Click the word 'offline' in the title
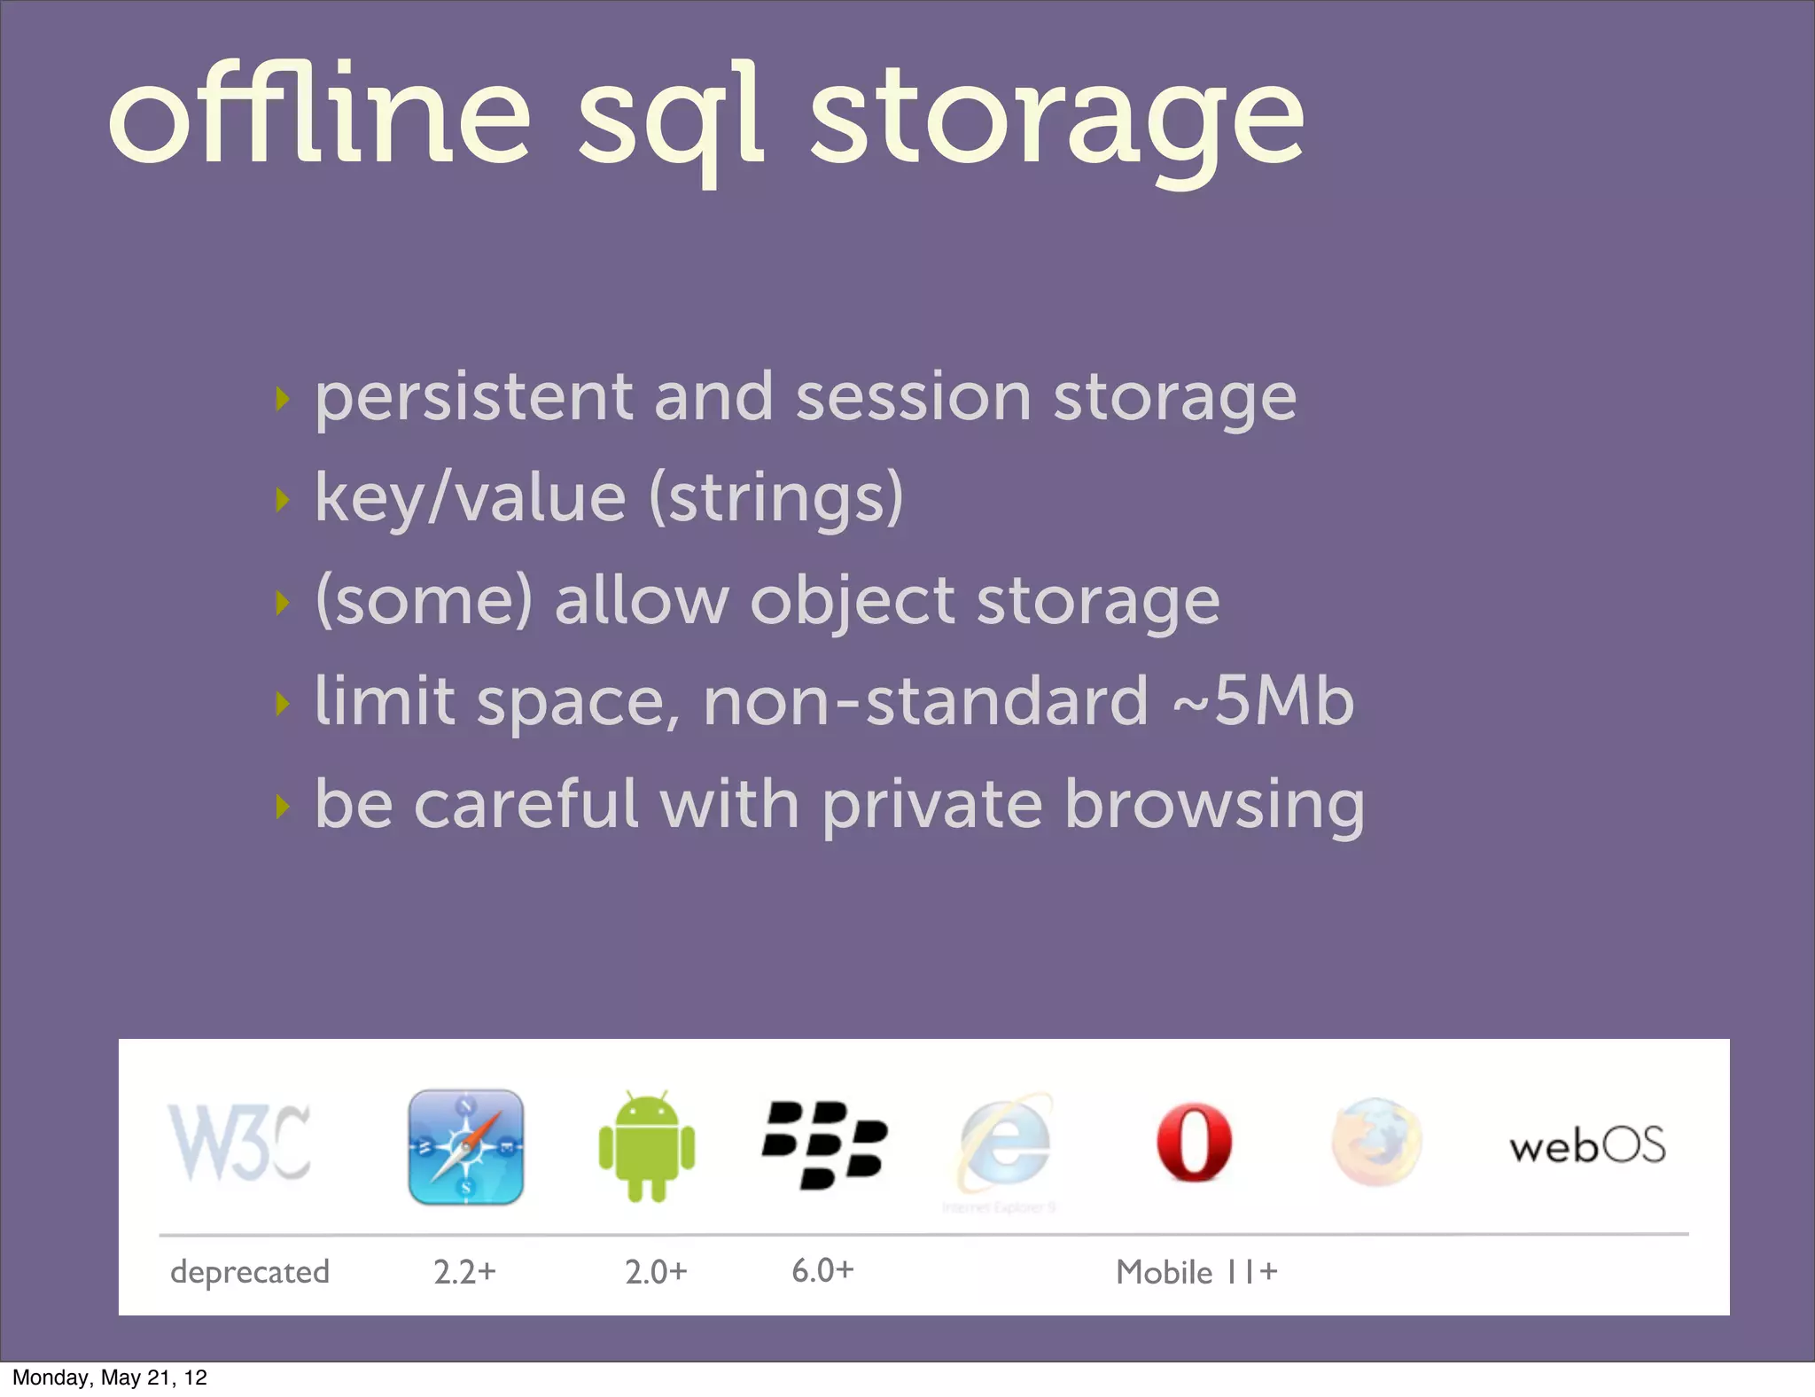pyautogui.click(x=319, y=115)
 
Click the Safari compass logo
pyautogui.click(x=466, y=1147)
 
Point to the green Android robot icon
pyautogui.click(x=647, y=1147)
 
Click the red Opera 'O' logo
pyautogui.click(x=1194, y=1143)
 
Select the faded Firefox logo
pyautogui.click(x=1376, y=1143)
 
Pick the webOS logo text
pyautogui.click(x=1587, y=1146)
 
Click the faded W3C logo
pyautogui.click(x=239, y=1143)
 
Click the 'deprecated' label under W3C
pyautogui.click(x=249, y=1272)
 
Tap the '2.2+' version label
pyautogui.click(x=464, y=1272)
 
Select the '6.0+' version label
pyautogui.click(x=822, y=1270)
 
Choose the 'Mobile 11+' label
pyautogui.click(x=1196, y=1272)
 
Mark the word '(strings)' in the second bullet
pyautogui.click(x=776, y=498)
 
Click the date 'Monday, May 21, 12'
pyautogui.click(x=110, y=1377)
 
